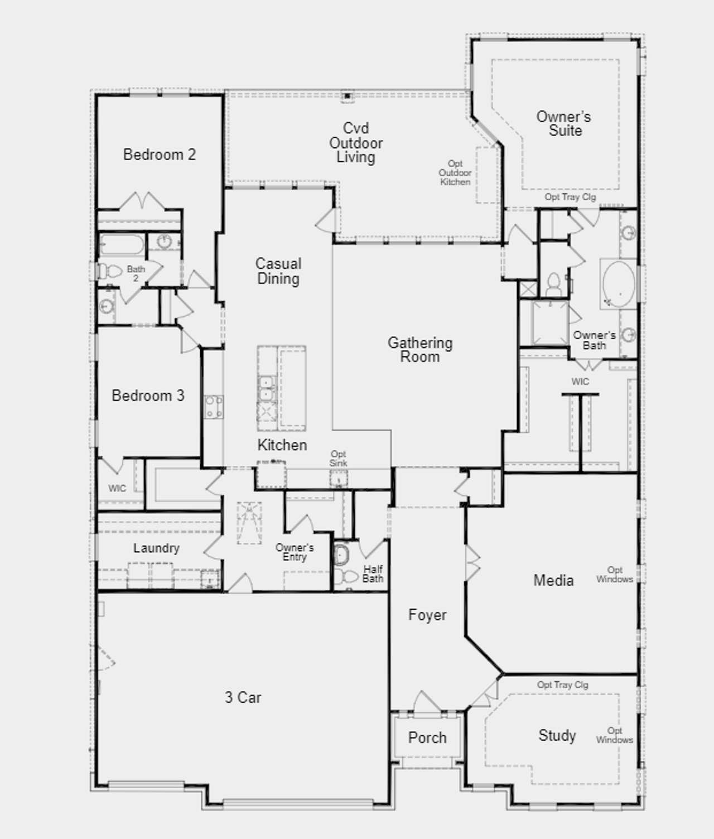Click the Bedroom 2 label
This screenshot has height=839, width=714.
coord(160,155)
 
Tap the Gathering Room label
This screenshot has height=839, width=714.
coord(420,350)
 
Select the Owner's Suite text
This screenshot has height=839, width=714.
coord(564,124)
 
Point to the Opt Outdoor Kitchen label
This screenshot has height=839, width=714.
coord(455,173)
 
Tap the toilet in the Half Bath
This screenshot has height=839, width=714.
coord(346,576)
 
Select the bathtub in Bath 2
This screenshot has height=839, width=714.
coord(122,244)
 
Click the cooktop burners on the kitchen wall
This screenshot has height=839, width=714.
coord(214,407)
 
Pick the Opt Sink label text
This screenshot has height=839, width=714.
coord(338,459)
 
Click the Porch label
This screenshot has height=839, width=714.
coord(427,738)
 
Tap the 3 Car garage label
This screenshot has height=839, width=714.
coord(243,698)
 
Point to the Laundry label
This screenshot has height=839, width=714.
coord(156,548)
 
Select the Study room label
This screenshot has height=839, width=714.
coord(557,735)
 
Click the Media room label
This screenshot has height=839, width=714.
coord(553,581)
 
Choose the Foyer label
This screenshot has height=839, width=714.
coord(427,615)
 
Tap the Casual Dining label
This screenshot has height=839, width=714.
coord(278,271)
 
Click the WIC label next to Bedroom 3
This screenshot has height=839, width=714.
coord(117,488)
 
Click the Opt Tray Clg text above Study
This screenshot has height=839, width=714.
coord(563,685)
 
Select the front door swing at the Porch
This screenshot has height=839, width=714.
coord(427,702)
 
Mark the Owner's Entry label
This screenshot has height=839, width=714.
coord(295,552)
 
